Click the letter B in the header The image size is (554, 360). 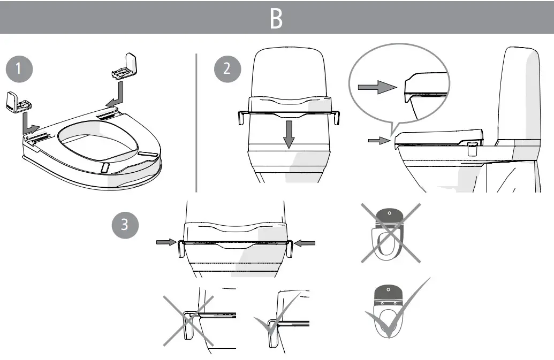coord(276,19)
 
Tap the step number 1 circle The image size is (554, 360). coord(18,69)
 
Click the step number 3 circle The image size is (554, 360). coord(125,224)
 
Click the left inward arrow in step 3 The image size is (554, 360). coord(165,243)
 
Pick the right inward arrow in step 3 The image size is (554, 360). coord(306,243)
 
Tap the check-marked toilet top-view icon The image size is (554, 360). coord(390,310)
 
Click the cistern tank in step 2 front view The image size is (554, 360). coord(289,72)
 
